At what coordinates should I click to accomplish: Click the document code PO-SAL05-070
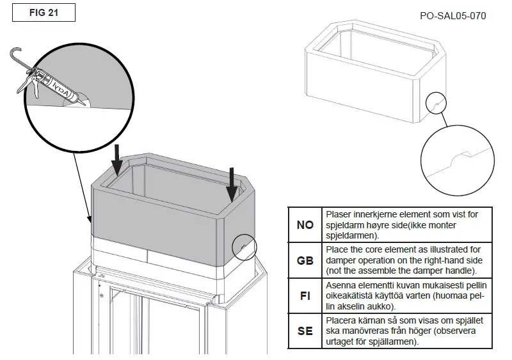453,15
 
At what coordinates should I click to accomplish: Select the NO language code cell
305,225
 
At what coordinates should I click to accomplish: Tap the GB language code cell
305,261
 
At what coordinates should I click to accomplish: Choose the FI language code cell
305,296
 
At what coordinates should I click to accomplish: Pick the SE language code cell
305,331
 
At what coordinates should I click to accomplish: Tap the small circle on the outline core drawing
436,102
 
